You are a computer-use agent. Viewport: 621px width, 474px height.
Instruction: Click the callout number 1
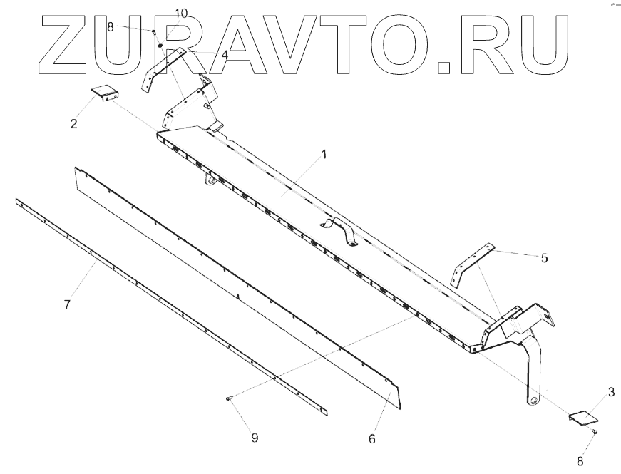(x=324, y=155)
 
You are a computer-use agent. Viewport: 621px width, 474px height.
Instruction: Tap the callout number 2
(x=73, y=124)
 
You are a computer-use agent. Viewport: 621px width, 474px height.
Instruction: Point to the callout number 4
(x=224, y=54)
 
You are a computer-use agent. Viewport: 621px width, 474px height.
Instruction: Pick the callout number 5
(x=544, y=258)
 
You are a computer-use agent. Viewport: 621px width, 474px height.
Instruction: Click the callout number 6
(x=371, y=438)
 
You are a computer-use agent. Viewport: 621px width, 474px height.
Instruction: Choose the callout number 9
(x=254, y=438)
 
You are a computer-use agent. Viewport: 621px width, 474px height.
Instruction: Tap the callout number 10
(x=181, y=14)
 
